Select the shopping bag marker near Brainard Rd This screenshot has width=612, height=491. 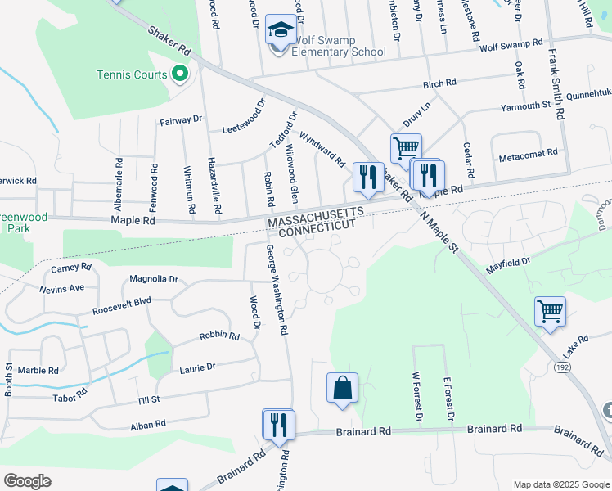coord(342,389)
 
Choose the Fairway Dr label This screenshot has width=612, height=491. coord(180,119)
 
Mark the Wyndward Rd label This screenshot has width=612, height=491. coord(322,148)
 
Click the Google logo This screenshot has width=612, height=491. coord(28,480)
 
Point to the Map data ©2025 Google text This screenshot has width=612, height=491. coord(561,484)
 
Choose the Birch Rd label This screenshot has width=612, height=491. coord(439,83)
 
